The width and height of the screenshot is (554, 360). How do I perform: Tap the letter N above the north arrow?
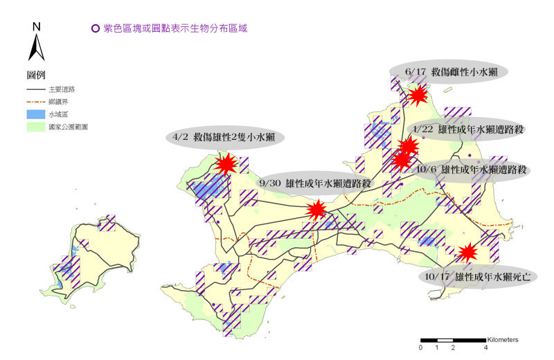37,27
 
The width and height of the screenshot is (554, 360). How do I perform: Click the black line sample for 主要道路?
36,90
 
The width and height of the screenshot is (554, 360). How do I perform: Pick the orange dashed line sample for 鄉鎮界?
36,102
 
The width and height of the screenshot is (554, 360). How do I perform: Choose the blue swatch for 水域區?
36,114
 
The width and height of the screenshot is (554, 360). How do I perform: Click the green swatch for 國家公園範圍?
36,127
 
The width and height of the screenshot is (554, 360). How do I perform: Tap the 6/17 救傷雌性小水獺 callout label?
449,72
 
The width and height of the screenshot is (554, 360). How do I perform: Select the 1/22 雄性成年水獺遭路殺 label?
467,129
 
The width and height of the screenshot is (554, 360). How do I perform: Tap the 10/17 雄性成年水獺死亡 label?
478,276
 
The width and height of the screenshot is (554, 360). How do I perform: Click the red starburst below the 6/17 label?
418,95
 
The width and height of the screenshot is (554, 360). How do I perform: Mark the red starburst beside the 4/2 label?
226,164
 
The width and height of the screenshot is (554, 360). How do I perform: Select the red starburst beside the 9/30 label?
316,210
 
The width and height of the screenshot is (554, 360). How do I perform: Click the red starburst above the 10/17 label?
469,252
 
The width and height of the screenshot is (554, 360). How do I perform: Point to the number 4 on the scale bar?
485,348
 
